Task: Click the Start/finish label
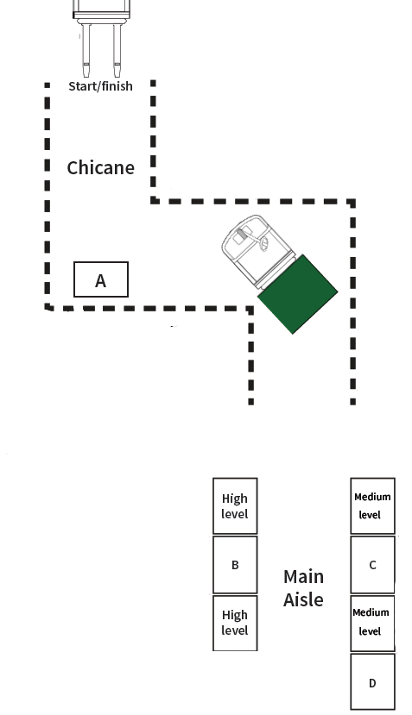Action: tap(100, 86)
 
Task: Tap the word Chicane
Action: tap(100, 168)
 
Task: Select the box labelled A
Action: tap(101, 279)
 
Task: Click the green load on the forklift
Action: tap(298, 294)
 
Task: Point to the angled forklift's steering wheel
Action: tap(264, 244)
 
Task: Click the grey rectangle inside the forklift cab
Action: tap(242, 235)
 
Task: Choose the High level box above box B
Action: tap(235, 506)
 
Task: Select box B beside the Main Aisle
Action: tap(235, 565)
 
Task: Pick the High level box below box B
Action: tap(235, 623)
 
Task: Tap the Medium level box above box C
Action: tap(373, 505)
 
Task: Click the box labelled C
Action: tap(373, 565)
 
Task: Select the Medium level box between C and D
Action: tap(373, 624)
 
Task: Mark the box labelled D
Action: tap(373, 681)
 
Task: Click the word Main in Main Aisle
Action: tap(303, 577)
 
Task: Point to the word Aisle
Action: tap(303, 599)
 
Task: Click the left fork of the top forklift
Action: tap(86, 50)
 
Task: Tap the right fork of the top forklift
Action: tap(117, 50)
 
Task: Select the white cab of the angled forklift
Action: tap(256, 248)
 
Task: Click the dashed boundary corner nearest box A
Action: tap(48, 308)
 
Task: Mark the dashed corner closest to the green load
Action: tap(250, 310)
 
